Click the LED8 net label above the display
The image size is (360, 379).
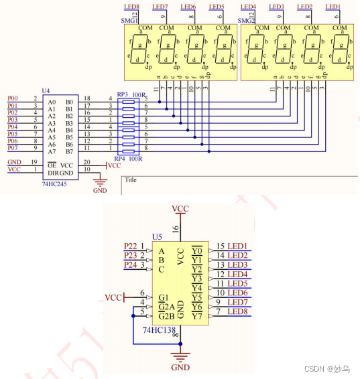pos(132,7)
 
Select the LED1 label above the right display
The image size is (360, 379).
pos(333,7)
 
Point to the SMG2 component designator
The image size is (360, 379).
pos(247,21)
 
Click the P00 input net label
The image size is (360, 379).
pos(13,98)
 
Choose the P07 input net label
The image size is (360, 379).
pos(13,147)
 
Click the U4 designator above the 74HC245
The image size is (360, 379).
pos(46,90)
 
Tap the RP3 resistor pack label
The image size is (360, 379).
pos(122,94)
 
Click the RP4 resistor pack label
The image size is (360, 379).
pos(122,159)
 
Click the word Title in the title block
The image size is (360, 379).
pos(131,179)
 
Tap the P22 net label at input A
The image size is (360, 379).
pos(131,246)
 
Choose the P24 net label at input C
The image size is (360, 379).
pos(131,264)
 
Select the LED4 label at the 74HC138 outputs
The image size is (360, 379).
pos(237,274)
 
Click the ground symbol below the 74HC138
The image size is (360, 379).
pos(180,358)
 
